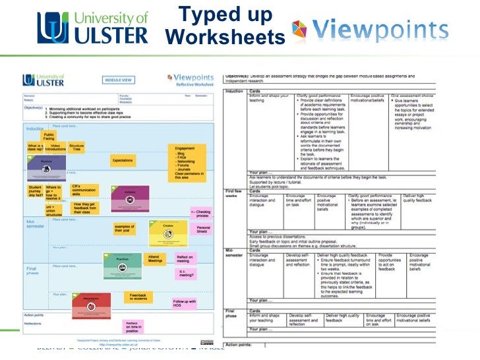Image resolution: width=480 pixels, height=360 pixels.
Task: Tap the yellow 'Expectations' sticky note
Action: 123,160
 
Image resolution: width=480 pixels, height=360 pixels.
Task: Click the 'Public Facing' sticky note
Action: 49,136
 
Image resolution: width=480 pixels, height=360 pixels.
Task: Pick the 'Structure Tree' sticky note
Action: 76,148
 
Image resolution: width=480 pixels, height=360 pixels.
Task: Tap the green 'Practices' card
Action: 122,264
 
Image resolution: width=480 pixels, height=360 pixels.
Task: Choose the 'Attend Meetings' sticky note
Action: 154,260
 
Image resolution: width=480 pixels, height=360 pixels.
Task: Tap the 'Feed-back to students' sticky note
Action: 137,297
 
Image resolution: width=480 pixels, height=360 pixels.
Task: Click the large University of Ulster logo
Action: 92,28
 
